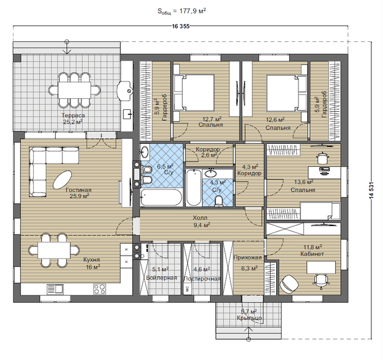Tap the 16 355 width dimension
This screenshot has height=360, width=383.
point(180,27)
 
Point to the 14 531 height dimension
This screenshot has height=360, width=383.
point(371,190)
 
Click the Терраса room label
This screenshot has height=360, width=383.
point(73,115)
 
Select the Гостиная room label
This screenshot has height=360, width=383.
point(78,190)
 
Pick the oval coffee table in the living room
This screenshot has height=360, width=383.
point(62,180)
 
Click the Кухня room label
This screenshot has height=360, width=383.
point(91,259)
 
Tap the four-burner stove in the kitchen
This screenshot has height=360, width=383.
point(99,289)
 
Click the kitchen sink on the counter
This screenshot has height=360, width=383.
point(55,289)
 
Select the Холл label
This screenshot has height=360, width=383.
point(200,217)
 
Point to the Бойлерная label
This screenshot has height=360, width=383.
point(161,278)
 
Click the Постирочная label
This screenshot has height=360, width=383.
point(202,278)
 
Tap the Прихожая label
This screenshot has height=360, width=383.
point(248,257)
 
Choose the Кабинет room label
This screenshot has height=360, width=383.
point(312,254)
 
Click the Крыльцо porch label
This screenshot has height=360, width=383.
point(249,318)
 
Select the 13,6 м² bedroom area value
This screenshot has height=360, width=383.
point(303,182)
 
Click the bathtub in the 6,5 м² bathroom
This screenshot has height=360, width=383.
point(161,198)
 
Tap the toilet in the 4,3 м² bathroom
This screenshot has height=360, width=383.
point(219,202)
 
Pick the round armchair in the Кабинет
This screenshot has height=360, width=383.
point(289,283)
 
